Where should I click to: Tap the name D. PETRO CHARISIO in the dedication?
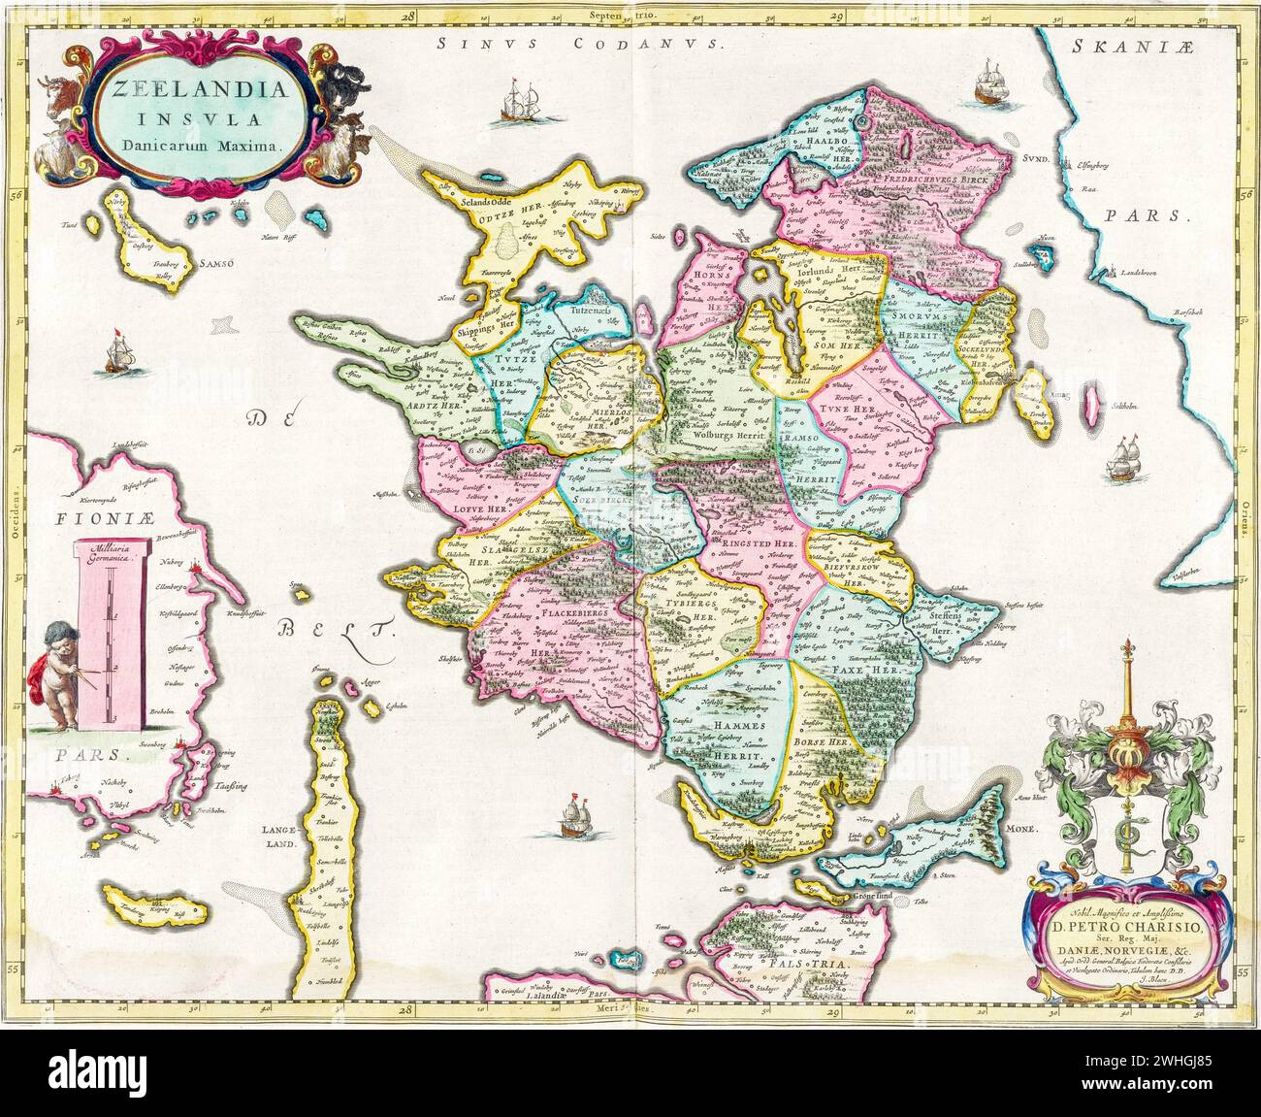pyautogui.click(x=1128, y=923)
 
